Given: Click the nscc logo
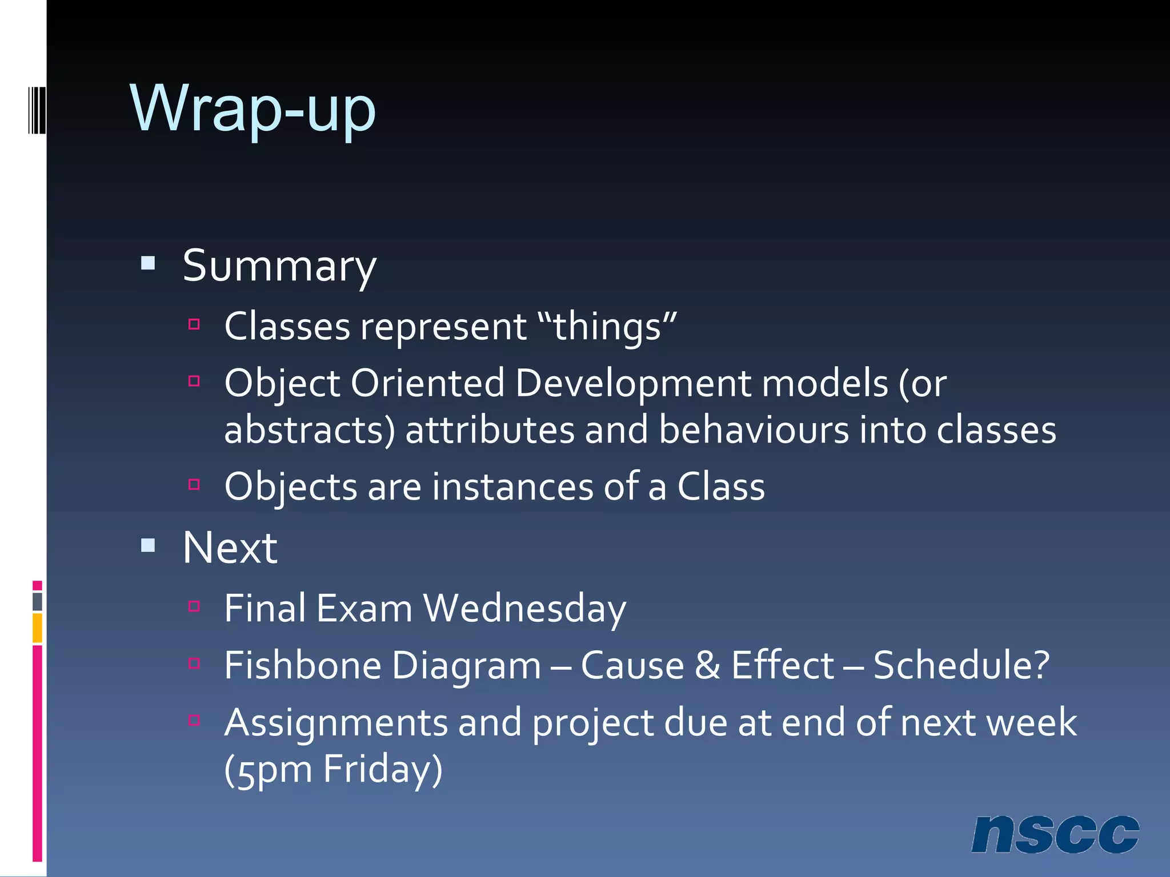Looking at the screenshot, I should click(1055, 834).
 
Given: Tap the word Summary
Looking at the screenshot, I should click(279, 266).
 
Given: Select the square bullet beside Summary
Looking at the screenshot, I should click(149, 263).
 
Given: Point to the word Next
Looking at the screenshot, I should click(230, 548).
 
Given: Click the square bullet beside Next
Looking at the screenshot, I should click(149, 545).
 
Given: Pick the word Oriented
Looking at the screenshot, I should click(427, 383).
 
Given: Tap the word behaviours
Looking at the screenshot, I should click(754, 429).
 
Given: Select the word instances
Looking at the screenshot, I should click(512, 486).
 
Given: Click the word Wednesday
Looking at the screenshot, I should click(524, 608).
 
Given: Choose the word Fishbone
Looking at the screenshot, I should click(303, 665).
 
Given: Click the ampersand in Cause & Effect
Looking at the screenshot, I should click(708, 665).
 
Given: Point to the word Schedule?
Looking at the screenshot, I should click(961, 665).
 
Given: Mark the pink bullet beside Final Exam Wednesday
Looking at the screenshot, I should click(194, 606).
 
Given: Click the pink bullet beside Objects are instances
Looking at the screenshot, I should click(194, 485).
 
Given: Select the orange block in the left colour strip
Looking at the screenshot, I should click(37, 627).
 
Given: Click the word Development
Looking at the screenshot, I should click(633, 383).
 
